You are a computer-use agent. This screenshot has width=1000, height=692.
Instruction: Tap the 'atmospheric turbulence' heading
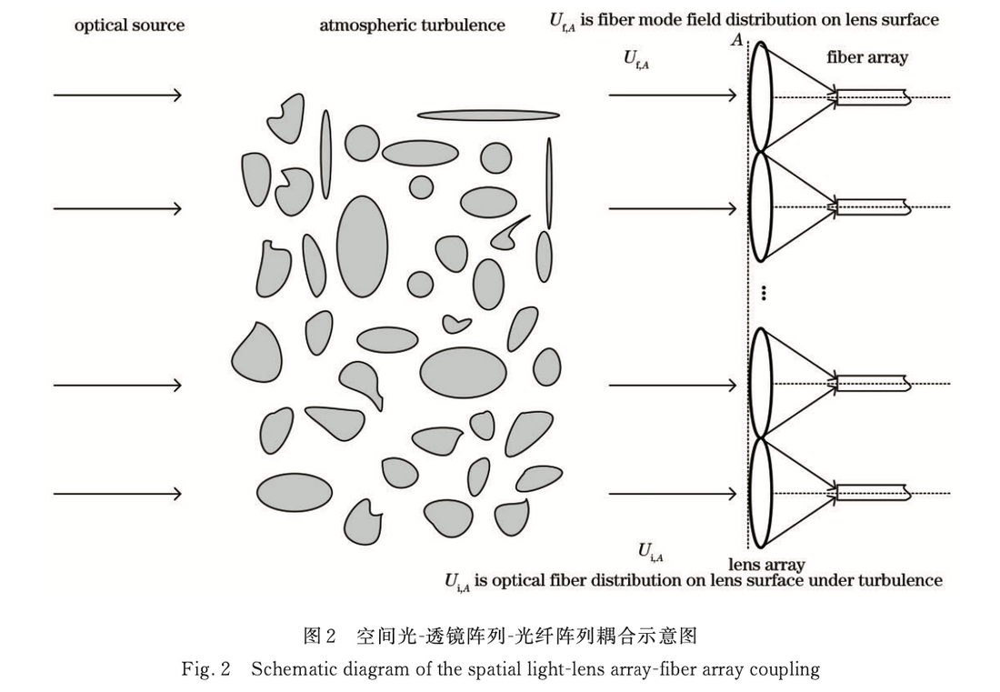412,25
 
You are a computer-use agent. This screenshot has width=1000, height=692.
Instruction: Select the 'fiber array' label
866,57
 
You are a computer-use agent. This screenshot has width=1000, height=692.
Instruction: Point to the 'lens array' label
766,565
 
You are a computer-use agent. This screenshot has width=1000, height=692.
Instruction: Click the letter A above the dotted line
738,39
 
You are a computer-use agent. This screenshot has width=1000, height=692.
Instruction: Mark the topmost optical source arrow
117,95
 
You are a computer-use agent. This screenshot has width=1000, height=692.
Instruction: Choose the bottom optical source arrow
117,494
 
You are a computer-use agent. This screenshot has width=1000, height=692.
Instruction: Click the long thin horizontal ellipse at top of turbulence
488,115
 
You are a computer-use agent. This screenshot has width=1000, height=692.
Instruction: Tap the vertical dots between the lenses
765,292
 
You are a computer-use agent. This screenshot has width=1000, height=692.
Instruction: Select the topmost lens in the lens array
762,95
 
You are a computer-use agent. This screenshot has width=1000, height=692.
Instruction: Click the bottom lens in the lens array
762,494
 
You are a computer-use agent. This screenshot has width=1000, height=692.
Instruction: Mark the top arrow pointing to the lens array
672,95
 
